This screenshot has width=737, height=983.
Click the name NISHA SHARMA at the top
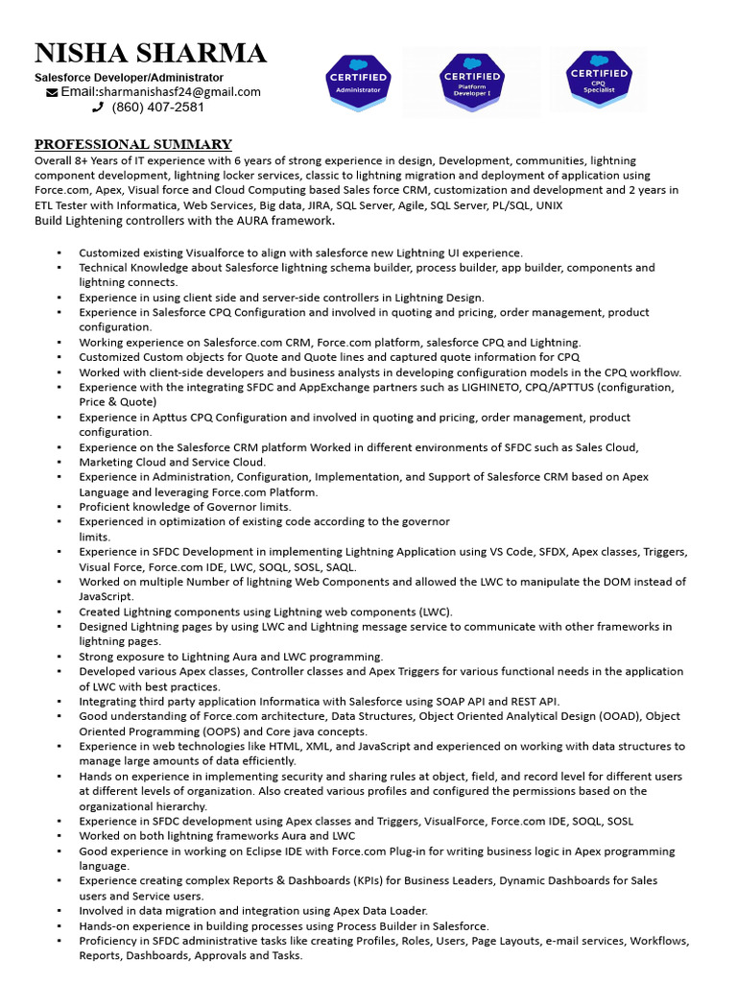[150, 53]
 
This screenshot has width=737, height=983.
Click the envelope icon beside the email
[51, 92]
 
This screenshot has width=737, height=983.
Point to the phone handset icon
[97, 108]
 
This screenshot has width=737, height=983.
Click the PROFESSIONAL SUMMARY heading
[132, 144]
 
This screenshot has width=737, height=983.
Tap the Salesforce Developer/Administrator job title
[129, 77]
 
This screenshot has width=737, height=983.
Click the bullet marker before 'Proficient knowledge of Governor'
[59, 507]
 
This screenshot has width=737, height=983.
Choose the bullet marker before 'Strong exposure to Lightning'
[59, 657]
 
